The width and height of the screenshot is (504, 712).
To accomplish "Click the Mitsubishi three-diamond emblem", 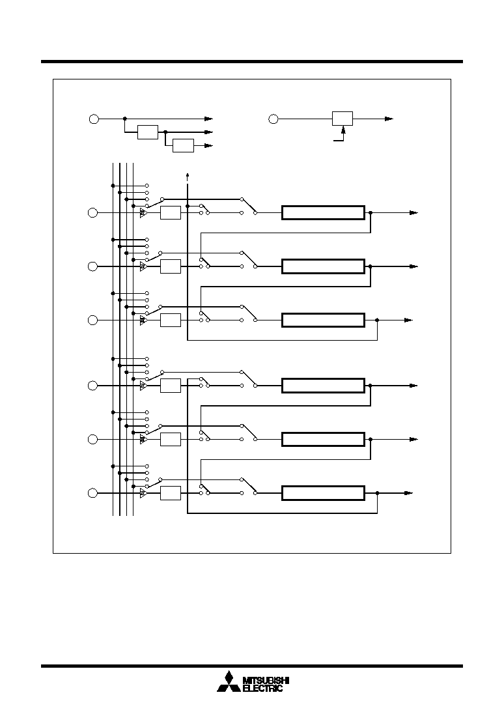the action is (229, 682).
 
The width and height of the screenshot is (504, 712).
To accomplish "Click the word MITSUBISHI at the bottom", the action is (266, 680).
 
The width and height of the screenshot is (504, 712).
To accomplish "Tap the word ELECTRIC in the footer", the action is (263, 689).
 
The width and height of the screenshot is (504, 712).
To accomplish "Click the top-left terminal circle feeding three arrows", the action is (94, 119).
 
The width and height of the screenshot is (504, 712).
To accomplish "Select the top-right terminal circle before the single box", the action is (273, 119).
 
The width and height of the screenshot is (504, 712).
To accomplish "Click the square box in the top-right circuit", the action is (343, 119).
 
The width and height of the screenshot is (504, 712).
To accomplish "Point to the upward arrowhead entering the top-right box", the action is (343, 130).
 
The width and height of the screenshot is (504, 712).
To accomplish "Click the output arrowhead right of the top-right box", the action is (389, 119).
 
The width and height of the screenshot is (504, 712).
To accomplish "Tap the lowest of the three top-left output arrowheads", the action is (209, 146).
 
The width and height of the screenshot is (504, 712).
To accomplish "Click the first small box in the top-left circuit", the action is (148, 132).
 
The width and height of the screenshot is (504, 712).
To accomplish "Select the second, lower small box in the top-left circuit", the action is (184, 146).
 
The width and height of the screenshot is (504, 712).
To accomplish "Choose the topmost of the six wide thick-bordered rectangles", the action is (323, 212).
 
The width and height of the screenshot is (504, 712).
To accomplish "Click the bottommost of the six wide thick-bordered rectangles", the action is (323, 493).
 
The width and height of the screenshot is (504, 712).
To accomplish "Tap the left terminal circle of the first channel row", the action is (92, 212).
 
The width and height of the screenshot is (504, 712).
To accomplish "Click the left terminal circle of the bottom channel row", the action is (92, 493).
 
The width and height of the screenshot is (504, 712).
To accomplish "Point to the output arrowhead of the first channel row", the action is (413, 212).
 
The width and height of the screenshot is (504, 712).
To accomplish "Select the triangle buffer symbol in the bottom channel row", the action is (143, 493).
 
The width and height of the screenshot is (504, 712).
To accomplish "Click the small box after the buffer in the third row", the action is (171, 320).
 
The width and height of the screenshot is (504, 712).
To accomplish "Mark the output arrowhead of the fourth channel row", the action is (413, 386).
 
